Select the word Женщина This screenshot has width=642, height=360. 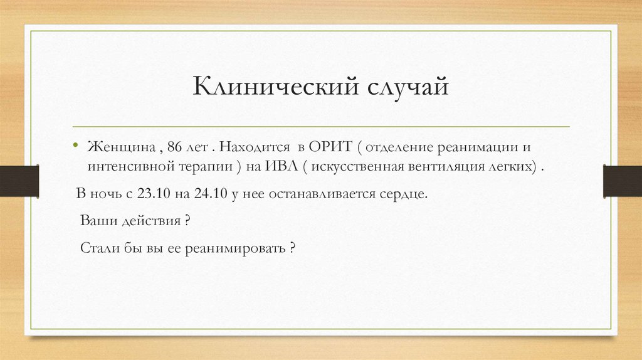click(x=121, y=148)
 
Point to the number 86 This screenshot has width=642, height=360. click(x=175, y=148)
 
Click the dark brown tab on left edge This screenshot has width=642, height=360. click(x=19, y=180)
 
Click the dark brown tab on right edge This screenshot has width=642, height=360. click(x=622, y=180)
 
